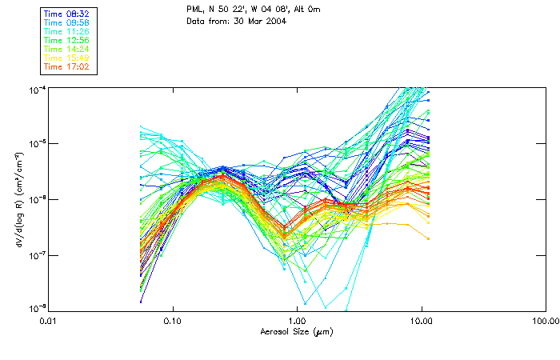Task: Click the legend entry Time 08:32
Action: pyautogui.click(x=68, y=14)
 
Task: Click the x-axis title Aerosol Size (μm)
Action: pyautogui.click(x=297, y=331)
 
